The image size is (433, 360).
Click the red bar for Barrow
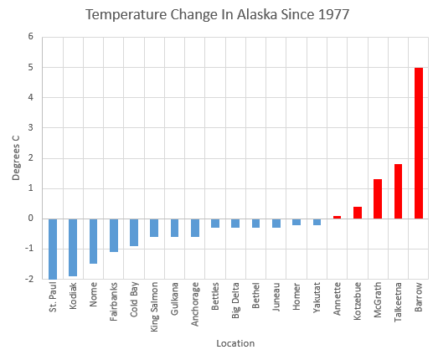point(419,143)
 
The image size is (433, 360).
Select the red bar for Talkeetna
point(398,191)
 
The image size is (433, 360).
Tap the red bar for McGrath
point(378,198)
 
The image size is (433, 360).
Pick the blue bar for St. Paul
point(52,249)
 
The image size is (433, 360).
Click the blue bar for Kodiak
point(73,247)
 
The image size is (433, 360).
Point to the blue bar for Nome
point(93,241)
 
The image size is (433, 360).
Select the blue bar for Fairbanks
point(113,235)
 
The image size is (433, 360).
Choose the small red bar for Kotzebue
point(358,213)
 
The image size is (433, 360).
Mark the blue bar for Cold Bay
point(134,232)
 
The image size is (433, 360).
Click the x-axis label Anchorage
point(195,310)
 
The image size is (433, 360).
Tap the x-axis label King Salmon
point(154,311)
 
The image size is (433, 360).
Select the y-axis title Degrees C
point(15,157)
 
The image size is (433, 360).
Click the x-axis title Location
point(235,343)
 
